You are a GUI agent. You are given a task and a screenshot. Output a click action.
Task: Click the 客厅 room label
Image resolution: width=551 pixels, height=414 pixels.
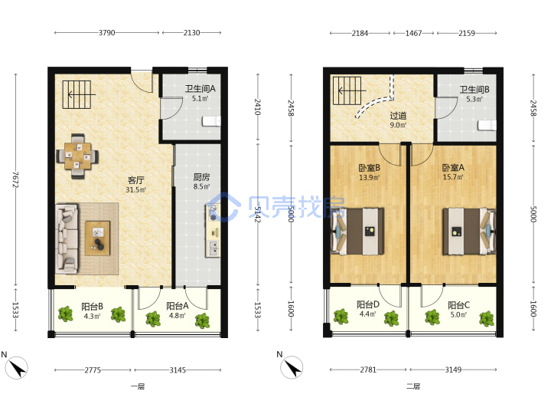point(136,180)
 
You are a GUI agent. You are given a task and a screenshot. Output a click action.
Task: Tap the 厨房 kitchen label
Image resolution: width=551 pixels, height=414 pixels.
point(201,177)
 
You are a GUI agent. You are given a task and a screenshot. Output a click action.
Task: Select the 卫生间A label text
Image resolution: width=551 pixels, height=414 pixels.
point(200,89)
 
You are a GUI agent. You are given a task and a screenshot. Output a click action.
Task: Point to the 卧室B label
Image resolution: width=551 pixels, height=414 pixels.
point(370,168)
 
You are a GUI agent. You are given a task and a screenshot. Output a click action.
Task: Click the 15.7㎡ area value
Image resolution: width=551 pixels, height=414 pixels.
point(453,177)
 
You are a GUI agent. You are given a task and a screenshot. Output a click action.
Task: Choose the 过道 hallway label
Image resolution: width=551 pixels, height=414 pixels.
point(398,116)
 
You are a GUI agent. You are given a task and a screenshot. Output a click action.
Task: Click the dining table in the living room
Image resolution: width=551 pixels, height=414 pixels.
point(77,156)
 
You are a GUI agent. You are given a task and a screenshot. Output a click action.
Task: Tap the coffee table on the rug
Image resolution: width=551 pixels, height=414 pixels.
point(98,238)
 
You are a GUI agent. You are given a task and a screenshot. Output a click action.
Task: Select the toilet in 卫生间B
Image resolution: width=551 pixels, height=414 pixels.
point(487,125)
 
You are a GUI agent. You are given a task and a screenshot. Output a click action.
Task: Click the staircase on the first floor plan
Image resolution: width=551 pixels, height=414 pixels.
point(77,94)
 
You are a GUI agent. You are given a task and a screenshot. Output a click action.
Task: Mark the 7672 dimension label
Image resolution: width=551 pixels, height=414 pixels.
point(15,179)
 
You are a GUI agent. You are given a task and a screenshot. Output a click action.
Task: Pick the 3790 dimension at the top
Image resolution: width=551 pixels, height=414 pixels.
point(106,33)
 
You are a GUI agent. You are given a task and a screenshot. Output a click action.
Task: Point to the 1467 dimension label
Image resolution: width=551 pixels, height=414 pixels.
point(413,33)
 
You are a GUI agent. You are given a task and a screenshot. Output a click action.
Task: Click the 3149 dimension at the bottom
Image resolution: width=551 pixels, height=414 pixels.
point(453,370)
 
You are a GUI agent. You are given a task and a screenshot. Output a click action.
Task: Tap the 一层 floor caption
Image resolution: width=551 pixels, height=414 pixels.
point(138,386)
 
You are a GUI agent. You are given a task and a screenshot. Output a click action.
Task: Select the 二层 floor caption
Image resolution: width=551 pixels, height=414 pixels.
point(413,386)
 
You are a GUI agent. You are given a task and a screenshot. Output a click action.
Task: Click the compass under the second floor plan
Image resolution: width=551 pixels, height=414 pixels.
point(292,367)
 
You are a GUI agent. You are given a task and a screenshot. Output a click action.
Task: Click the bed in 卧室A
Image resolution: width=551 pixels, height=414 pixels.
point(469,232)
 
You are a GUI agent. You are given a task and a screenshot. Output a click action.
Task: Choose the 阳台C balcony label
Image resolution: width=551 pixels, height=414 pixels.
point(458,305)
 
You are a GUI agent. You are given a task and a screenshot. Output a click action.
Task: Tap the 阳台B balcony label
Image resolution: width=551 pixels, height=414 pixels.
point(92,306)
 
